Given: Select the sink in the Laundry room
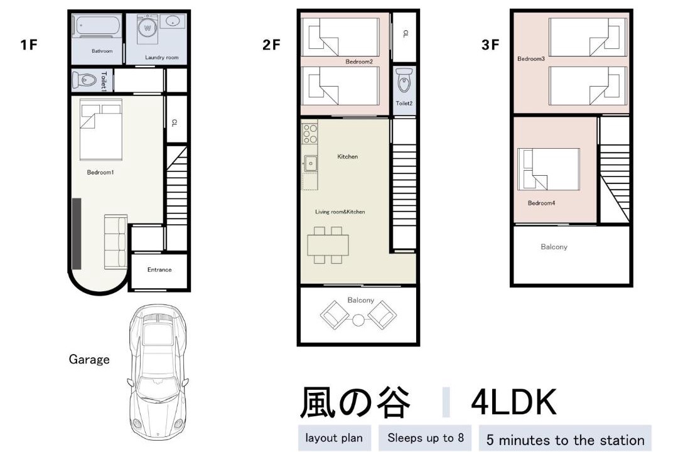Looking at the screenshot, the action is [173, 21].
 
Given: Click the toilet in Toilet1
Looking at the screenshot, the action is [85, 80].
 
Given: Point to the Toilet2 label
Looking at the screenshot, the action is [404, 103].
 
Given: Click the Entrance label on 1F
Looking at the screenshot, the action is [159, 269].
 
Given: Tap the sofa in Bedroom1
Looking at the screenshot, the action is [116, 240].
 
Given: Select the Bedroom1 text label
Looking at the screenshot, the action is [100, 172].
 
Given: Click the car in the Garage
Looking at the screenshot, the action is [158, 372].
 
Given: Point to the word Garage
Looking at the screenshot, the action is [89, 360].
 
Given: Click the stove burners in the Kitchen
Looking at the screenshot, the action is [309, 134].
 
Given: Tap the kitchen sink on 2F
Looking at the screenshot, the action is [310, 163].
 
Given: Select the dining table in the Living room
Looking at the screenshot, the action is [328, 245].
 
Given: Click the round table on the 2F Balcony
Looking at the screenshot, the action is [358, 320].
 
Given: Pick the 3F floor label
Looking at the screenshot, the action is [490, 45].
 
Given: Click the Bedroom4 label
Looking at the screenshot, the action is [541, 203].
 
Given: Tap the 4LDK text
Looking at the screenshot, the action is [514, 402].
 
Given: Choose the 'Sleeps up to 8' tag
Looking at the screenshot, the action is [425, 438].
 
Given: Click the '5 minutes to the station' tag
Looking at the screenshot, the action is [565, 440].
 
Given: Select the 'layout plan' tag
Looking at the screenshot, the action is [334, 438].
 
